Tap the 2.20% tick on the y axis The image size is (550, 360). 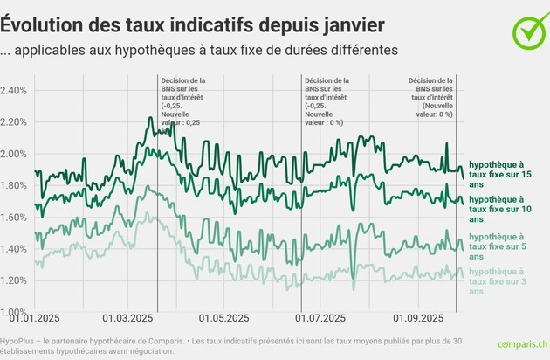click(13, 122)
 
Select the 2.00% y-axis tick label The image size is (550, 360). click(13, 155)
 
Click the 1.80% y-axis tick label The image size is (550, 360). click(13, 186)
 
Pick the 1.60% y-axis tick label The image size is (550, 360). click(13, 218)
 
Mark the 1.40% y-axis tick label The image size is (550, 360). click(13, 249)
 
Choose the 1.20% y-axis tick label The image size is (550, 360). click(13, 280)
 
